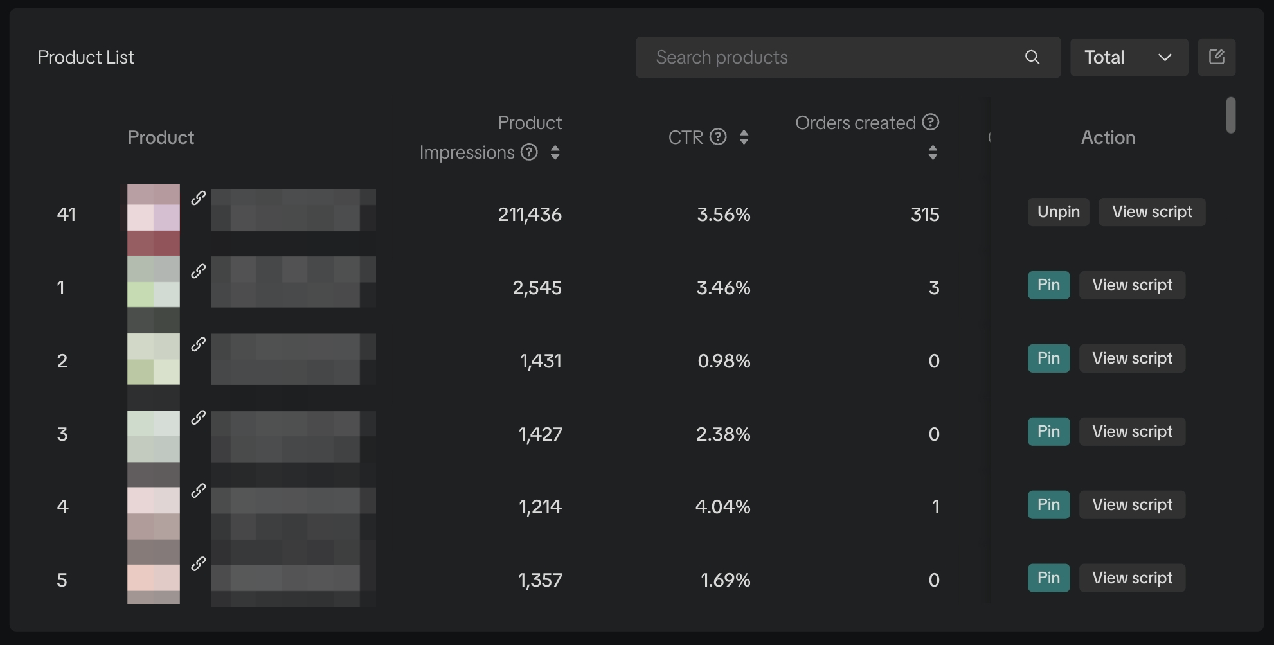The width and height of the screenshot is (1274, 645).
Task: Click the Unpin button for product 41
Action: tap(1058, 212)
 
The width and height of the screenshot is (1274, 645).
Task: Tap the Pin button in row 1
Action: tap(1048, 285)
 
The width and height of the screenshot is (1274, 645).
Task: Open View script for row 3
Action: tap(1132, 432)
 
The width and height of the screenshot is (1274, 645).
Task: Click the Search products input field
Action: tap(829, 58)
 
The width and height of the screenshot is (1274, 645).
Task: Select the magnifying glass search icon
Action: tap(1032, 58)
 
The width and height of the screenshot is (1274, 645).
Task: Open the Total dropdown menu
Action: tap(1129, 58)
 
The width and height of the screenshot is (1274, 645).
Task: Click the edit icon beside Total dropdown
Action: tap(1216, 57)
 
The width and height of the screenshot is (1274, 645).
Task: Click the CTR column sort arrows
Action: tap(744, 137)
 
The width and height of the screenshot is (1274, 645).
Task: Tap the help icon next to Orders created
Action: tap(931, 122)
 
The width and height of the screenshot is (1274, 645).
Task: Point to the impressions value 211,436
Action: tap(530, 215)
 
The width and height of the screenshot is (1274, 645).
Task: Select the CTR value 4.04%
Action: tap(722, 507)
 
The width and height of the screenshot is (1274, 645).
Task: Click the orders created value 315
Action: tap(925, 215)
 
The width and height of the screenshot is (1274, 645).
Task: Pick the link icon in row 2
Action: tap(199, 344)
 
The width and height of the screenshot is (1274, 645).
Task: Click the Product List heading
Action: tap(86, 58)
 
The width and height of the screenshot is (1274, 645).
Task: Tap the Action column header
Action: tap(1108, 137)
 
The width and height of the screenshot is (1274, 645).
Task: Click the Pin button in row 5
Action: tap(1048, 578)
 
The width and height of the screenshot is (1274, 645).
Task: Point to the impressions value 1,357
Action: tap(540, 580)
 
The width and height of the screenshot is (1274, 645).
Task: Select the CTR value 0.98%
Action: tap(724, 361)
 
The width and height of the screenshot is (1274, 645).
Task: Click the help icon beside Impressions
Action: tap(529, 152)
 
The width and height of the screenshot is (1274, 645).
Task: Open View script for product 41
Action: tap(1152, 212)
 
